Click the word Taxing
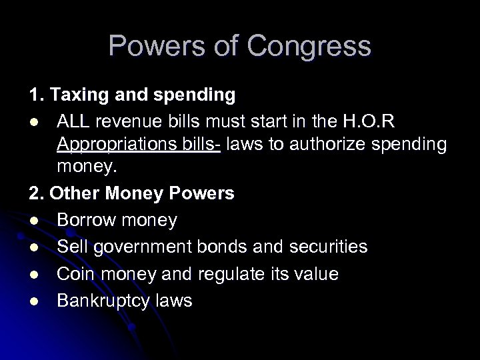(x=76, y=95)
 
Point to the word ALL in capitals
(x=73, y=121)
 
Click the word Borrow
(x=85, y=220)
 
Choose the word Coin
(x=73, y=273)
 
